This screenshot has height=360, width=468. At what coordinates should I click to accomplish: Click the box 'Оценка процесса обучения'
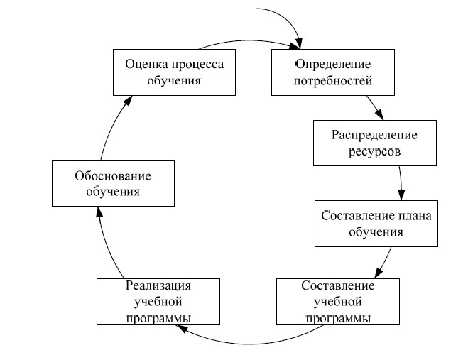175,72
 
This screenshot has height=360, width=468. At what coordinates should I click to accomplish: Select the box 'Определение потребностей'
332,72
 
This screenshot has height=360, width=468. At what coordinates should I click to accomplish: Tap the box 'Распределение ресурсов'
375,142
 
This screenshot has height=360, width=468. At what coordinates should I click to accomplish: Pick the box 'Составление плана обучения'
376,223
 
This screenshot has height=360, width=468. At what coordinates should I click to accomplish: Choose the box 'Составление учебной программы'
337,301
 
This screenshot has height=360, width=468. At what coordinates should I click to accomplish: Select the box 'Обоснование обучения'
114,183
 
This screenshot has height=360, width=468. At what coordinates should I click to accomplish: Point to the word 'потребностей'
333,80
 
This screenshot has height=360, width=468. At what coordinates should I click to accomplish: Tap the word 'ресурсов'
375,151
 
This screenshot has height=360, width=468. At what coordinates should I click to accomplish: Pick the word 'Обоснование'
114,175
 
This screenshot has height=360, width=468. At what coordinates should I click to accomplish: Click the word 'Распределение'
375,134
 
